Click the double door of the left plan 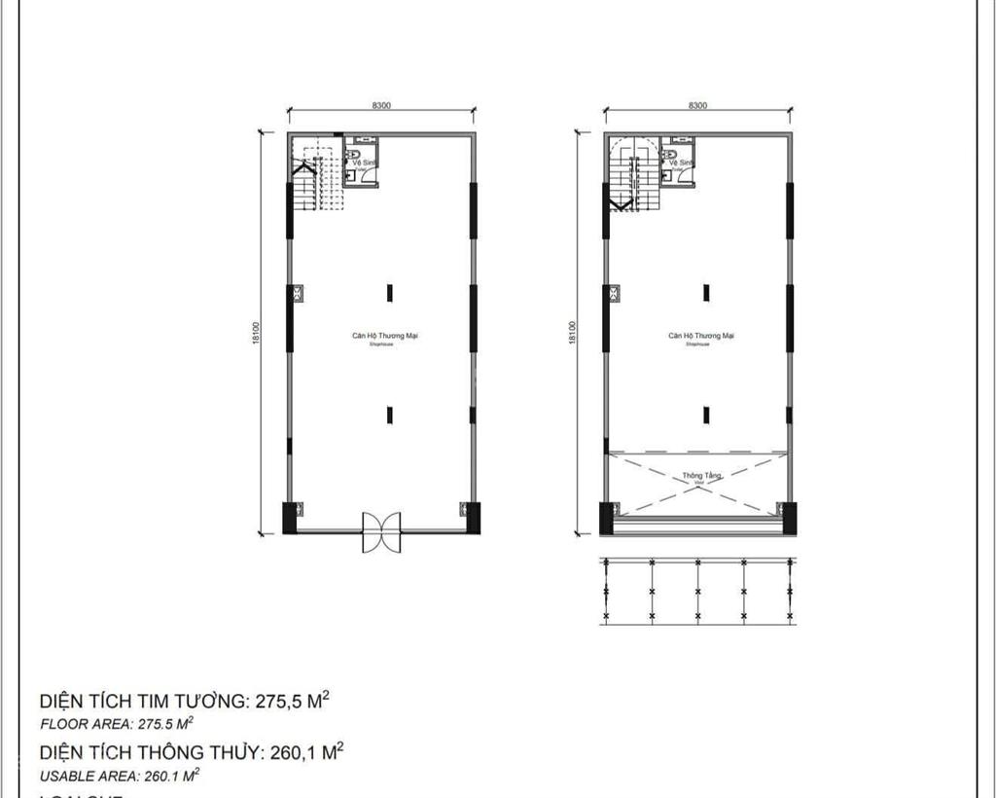tap(381, 531)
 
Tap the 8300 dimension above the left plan tap(381, 106)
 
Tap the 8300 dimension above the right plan tap(697, 106)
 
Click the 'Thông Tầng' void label tap(694, 476)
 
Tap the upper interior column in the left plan tap(389, 292)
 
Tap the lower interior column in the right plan tap(706, 415)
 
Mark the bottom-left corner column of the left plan tap(290, 516)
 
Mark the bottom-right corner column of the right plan tap(789, 516)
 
